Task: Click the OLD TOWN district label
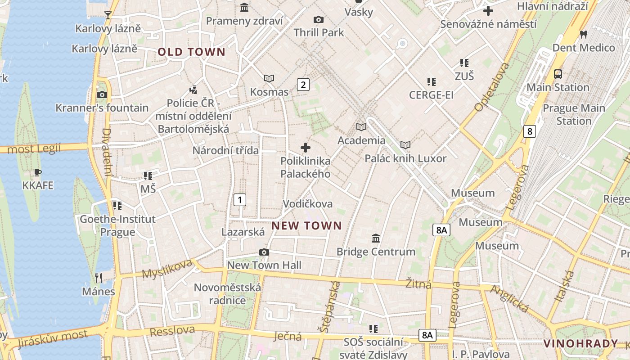point(191,52)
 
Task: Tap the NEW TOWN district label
point(306,225)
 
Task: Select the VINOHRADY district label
point(580,344)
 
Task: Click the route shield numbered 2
point(303,84)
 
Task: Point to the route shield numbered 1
point(240,199)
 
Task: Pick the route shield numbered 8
point(530,131)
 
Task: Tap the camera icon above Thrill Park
point(319,19)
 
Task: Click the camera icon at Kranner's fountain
point(102,94)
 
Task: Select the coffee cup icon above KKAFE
point(38,172)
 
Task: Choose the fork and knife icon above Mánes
point(99,278)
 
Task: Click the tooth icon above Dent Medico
point(584,34)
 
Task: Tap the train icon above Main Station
point(558,74)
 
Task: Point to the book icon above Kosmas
point(269,79)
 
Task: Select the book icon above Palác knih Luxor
point(405,145)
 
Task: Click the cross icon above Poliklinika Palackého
point(306,147)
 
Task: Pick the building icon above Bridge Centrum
point(376,238)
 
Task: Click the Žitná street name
point(418,284)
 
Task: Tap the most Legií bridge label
point(34,148)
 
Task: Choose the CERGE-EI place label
point(431,95)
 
